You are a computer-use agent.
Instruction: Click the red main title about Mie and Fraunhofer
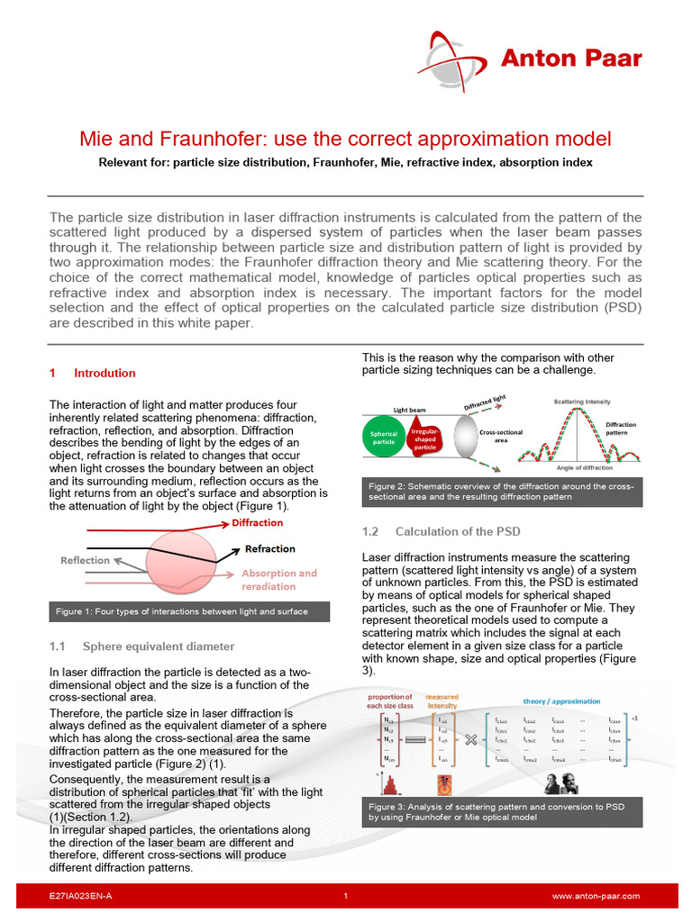click(345, 139)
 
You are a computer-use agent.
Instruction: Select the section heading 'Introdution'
click(105, 373)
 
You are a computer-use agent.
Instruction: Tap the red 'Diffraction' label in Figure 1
click(257, 523)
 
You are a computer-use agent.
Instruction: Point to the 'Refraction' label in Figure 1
click(269, 548)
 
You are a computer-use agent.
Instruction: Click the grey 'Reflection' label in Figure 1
click(85, 560)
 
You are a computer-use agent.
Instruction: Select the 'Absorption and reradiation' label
click(278, 579)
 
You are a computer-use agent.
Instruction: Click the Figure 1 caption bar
click(189, 611)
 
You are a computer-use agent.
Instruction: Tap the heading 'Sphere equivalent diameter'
click(158, 646)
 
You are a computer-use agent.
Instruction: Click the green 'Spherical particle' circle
click(384, 437)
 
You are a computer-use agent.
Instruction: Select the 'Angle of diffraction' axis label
click(578, 468)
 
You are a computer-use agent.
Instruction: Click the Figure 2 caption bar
click(502, 492)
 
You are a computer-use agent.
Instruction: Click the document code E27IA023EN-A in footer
click(81, 897)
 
